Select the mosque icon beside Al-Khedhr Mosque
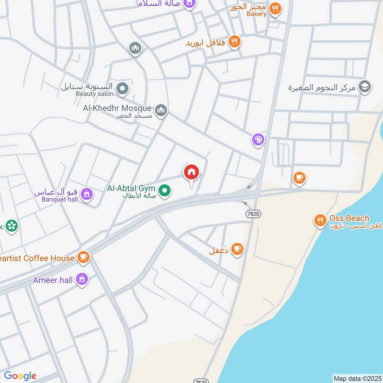[162, 111]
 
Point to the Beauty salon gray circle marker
[123, 88]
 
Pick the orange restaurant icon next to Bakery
[274, 7]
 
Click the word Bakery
[256, 14]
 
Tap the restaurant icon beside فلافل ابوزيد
[234, 42]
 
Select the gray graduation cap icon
[364, 87]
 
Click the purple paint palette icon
[258, 140]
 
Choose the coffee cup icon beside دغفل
[237, 249]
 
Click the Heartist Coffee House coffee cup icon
[84, 258]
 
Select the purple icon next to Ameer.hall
[83, 279]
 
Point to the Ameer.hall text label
[53, 280]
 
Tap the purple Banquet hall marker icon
[87, 194]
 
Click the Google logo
[20, 376]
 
